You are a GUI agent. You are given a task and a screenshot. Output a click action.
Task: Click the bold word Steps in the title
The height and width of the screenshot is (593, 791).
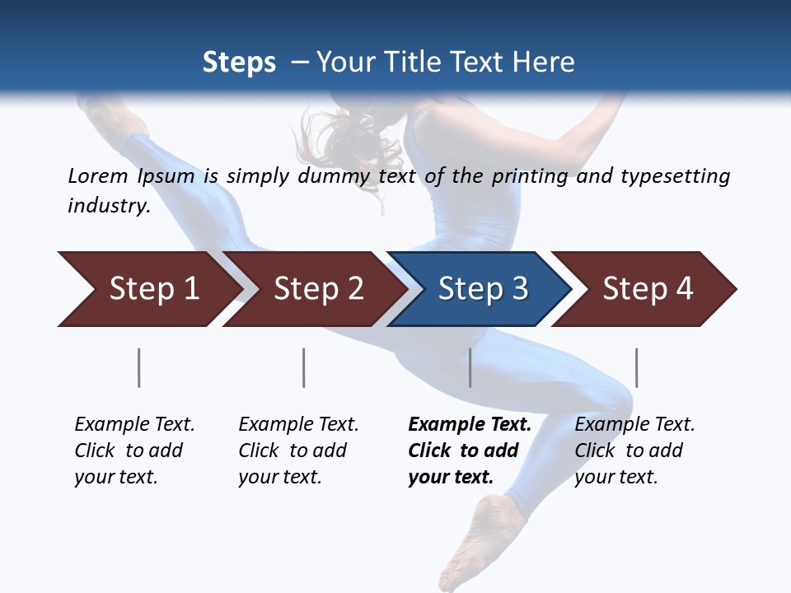click(x=239, y=63)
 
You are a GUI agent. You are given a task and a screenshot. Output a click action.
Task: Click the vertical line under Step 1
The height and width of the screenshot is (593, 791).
click(x=138, y=367)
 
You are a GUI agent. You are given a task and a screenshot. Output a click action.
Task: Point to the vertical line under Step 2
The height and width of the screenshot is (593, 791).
click(x=303, y=367)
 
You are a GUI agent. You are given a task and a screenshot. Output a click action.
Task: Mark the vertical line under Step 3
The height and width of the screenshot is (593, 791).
click(x=470, y=367)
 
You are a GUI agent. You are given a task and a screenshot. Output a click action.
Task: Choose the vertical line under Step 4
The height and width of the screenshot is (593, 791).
click(x=636, y=367)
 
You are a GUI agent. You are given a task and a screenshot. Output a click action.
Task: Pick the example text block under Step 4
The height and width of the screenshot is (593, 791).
click(x=634, y=451)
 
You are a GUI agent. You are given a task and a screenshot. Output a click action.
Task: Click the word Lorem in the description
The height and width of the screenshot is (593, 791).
click(x=98, y=176)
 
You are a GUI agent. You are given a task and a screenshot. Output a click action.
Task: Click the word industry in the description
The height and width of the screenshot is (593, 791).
click(x=108, y=206)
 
